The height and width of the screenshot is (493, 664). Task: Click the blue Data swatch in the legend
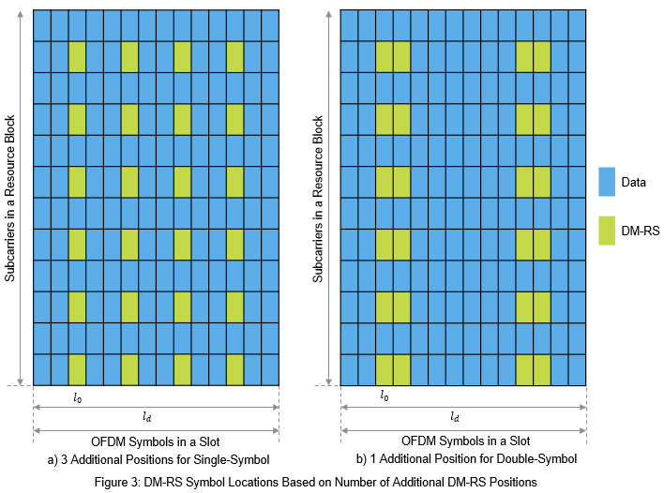pos(605,182)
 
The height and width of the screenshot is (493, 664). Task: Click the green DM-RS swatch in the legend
pos(605,231)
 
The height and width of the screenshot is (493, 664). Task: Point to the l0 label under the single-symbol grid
pos(77,396)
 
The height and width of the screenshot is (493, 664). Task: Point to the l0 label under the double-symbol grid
pos(384,396)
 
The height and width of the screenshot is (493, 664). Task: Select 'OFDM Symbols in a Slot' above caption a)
pos(156,441)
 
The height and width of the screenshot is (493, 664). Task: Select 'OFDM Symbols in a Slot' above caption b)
pos(465,441)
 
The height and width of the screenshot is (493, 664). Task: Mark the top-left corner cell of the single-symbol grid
pos(41,25)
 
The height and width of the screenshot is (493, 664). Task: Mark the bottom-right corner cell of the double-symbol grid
pos(577,369)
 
